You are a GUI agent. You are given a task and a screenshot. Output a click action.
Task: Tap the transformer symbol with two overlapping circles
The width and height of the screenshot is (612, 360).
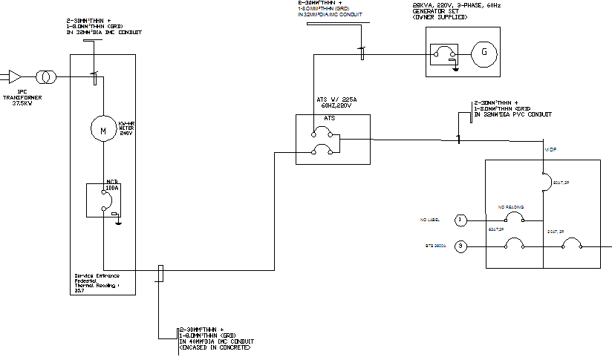pyautogui.click(x=47, y=76)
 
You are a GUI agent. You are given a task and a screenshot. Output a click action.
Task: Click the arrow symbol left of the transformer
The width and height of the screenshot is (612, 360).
pyautogui.click(x=14, y=76)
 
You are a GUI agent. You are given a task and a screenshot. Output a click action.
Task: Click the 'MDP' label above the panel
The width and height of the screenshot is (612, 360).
pyautogui.click(x=550, y=149)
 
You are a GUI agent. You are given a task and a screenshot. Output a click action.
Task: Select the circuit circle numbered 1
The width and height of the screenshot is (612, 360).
pyautogui.click(x=460, y=220)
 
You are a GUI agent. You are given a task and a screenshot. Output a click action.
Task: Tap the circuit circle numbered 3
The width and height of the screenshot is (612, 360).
pyautogui.click(x=460, y=246)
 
